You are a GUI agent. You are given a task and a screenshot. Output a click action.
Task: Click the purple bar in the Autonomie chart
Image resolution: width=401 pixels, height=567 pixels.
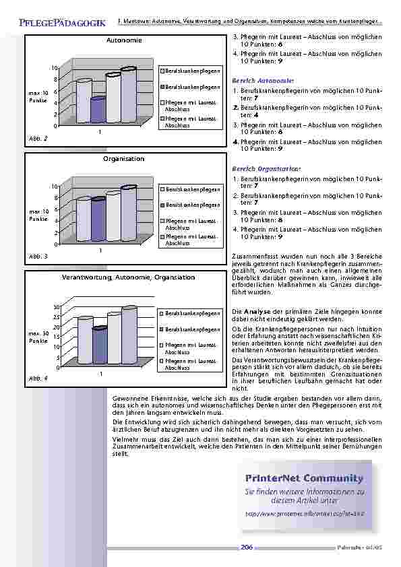(98, 109)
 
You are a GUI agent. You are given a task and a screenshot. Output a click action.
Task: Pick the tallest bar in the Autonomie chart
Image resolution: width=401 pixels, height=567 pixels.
(128, 94)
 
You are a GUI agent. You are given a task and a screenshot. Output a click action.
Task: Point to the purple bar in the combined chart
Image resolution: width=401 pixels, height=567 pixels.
(99, 345)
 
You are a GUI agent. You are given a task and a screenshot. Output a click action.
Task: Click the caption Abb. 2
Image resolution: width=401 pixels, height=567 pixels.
(38, 138)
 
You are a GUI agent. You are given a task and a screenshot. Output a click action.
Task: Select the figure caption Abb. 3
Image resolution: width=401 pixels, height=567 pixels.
(38, 257)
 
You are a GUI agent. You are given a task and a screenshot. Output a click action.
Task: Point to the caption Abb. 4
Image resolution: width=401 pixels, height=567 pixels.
(38, 378)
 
